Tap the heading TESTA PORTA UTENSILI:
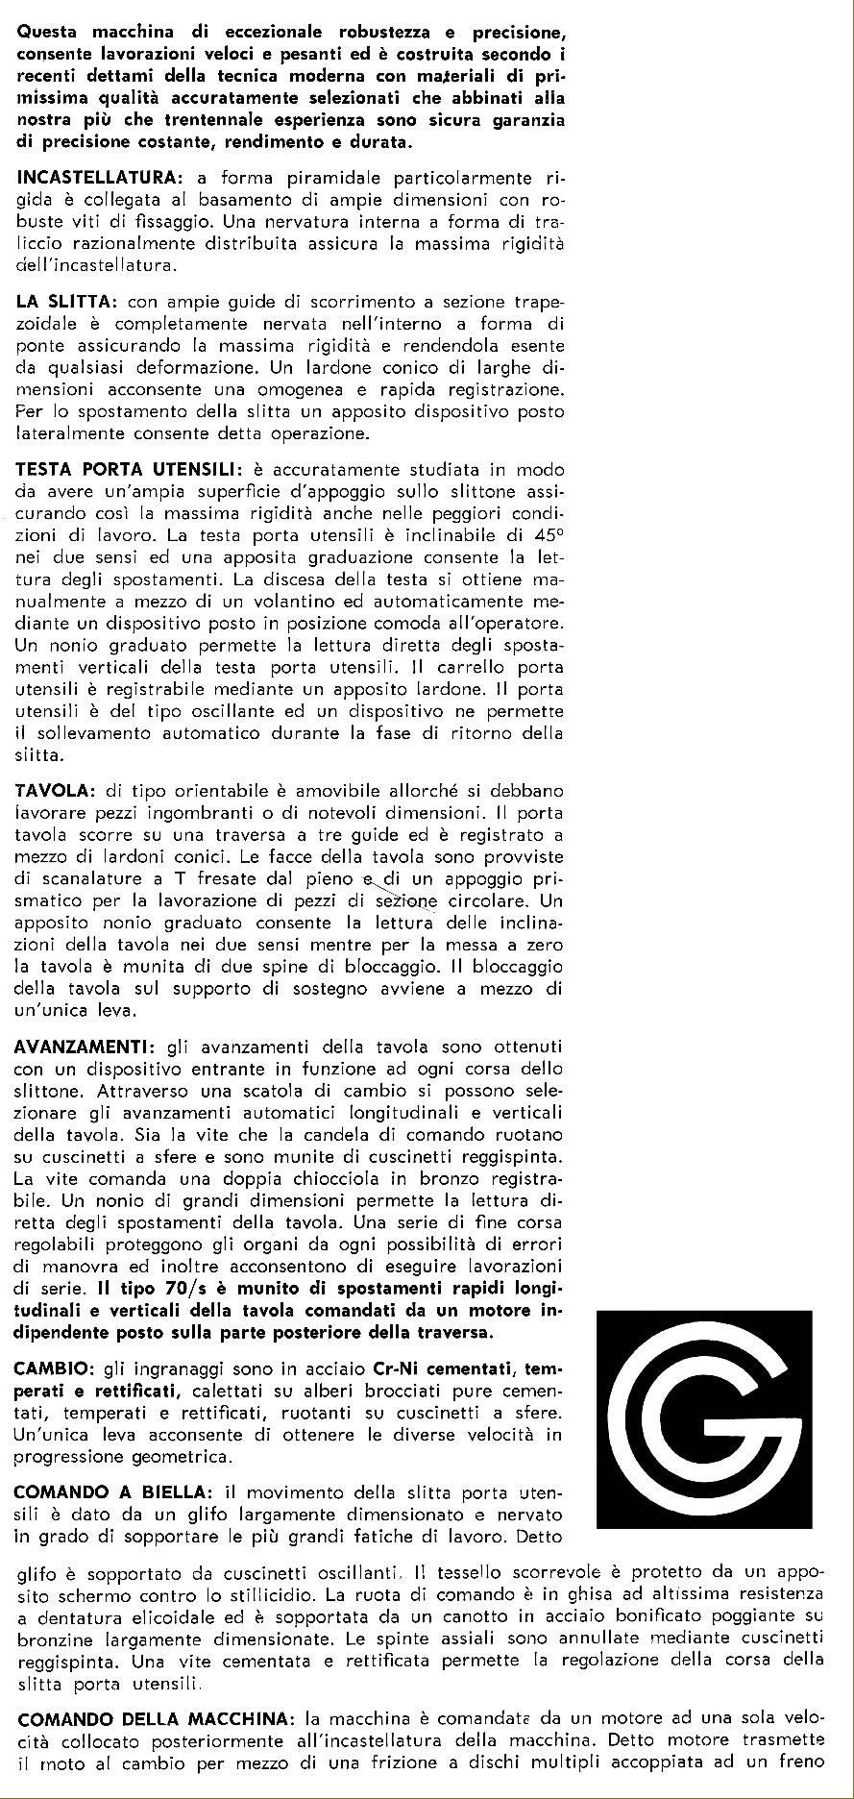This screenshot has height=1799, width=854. pos(130,470)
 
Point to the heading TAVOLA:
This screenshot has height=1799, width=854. pos(56,790)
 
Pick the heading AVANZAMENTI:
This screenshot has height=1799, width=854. pos(85,1047)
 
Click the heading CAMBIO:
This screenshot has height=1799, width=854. pos(54,1368)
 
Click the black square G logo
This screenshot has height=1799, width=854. pos(704,1418)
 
